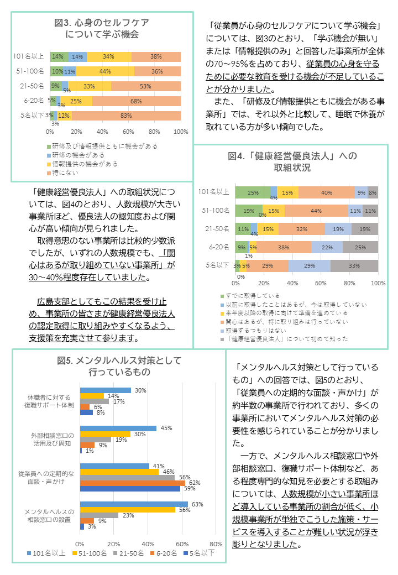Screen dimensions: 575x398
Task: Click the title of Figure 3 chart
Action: [x=102, y=28]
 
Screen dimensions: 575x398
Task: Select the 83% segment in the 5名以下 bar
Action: [x=126, y=116]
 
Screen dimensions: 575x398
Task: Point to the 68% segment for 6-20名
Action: [x=136, y=101]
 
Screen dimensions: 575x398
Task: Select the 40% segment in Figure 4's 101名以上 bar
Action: [x=326, y=192]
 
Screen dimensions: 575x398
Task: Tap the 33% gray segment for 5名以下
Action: [x=354, y=265]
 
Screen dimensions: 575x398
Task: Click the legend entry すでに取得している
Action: [x=254, y=296]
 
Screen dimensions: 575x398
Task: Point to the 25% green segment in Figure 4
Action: [x=253, y=192]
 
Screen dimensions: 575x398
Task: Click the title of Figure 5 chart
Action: [x=119, y=366]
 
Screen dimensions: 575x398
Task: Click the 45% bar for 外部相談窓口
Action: [x=119, y=428]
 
